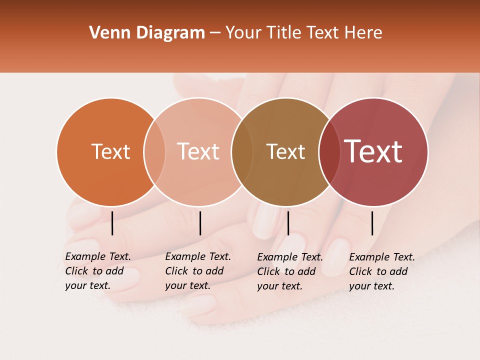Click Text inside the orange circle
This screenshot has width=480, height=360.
click(110, 151)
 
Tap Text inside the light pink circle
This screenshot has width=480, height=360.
click(198, 151)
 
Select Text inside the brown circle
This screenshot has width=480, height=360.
click(285, 151)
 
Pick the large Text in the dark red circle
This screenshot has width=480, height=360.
click(373, 151)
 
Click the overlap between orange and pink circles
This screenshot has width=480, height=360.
click(154, 151)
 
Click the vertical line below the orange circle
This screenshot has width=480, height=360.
click(112, 223)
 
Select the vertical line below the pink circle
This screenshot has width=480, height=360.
click(200, 223)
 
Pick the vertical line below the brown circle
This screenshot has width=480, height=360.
click(288, 223)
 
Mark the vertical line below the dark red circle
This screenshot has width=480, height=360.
click(372, 223)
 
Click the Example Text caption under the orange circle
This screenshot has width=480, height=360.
click(97, 271)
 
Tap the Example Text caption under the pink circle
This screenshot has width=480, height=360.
click(197, 271)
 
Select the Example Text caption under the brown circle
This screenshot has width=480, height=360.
click(289, 271)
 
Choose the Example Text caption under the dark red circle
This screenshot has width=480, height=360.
click(381, 271)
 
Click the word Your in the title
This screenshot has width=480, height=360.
click(243, 33)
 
